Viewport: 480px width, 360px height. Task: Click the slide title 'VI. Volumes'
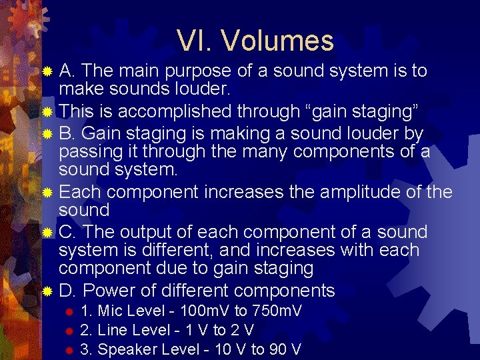pos(255,41)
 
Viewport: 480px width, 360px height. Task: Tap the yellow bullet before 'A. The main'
pos(47,71)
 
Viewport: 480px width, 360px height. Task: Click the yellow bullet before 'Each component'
pos(47,193)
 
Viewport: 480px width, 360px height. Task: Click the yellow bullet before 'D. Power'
pos(47,291)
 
